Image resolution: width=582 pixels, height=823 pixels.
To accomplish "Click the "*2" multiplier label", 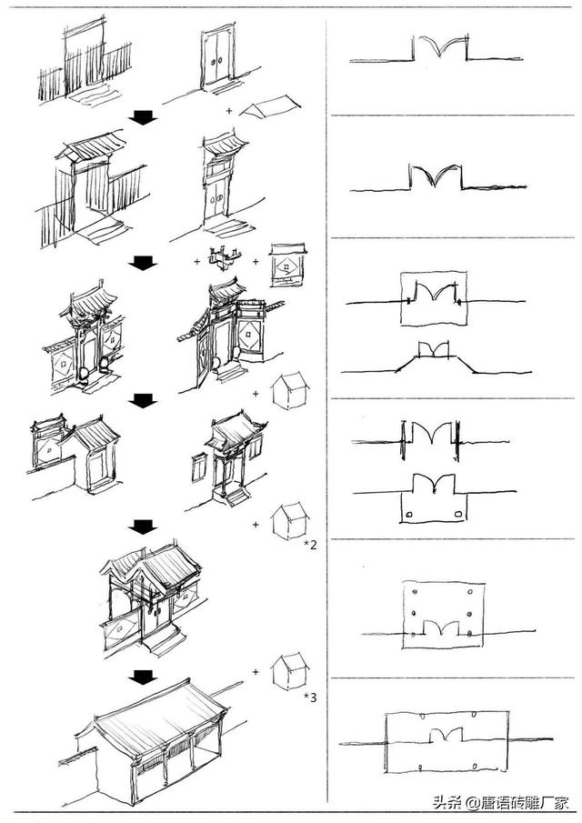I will (310, 545).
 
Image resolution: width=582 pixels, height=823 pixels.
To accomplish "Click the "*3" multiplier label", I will (310, 698).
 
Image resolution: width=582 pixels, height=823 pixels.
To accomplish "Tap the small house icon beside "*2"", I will (290, 519).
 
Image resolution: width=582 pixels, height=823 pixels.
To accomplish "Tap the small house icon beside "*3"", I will (290, 670).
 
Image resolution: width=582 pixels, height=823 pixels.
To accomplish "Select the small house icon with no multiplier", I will (290, 390).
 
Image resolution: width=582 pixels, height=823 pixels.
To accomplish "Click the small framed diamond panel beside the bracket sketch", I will (288, 264).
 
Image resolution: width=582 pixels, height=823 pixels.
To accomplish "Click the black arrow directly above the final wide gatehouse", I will (142, 677).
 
